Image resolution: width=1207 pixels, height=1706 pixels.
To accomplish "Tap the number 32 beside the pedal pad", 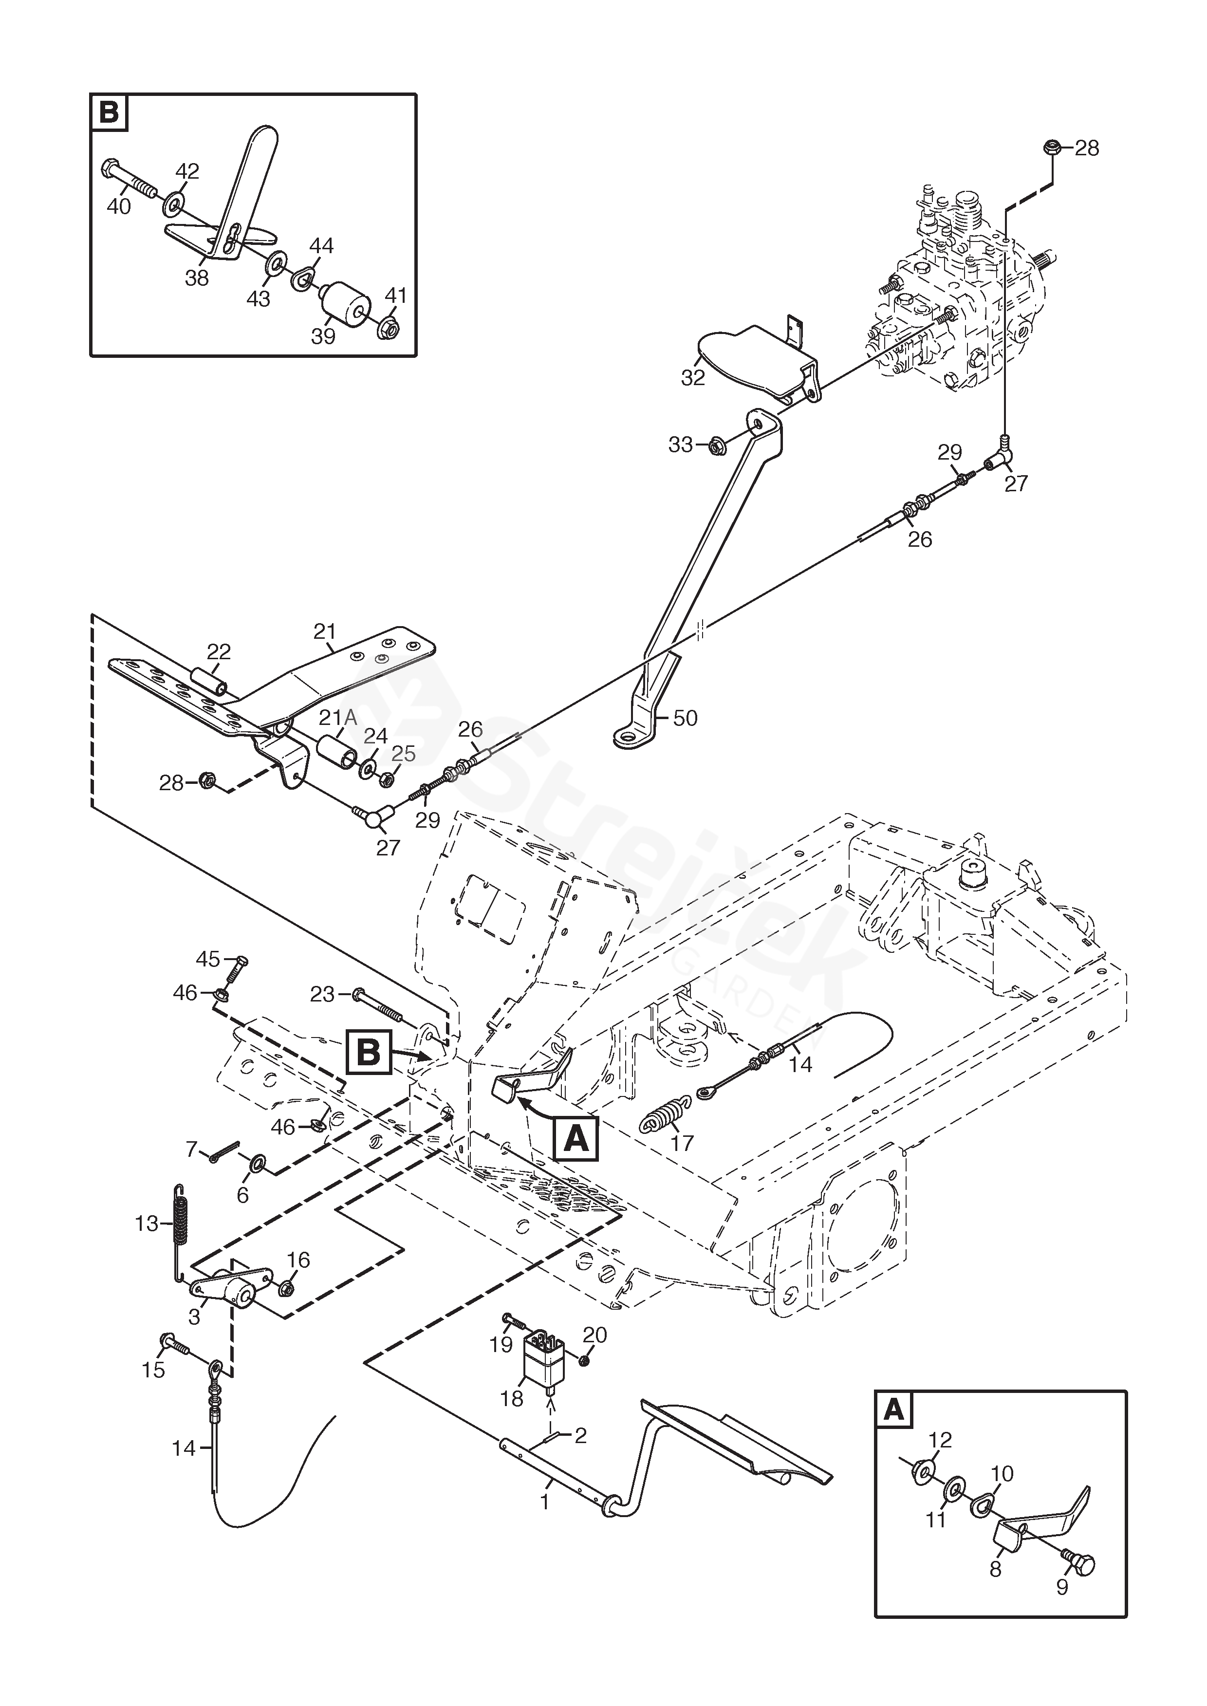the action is pos(693,377).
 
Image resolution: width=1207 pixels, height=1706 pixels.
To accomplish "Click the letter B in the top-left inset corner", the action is pos(109,113).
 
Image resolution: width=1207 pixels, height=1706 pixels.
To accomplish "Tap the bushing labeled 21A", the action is pos(338,756).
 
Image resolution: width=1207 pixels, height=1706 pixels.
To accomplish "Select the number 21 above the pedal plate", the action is pos(325,631).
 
